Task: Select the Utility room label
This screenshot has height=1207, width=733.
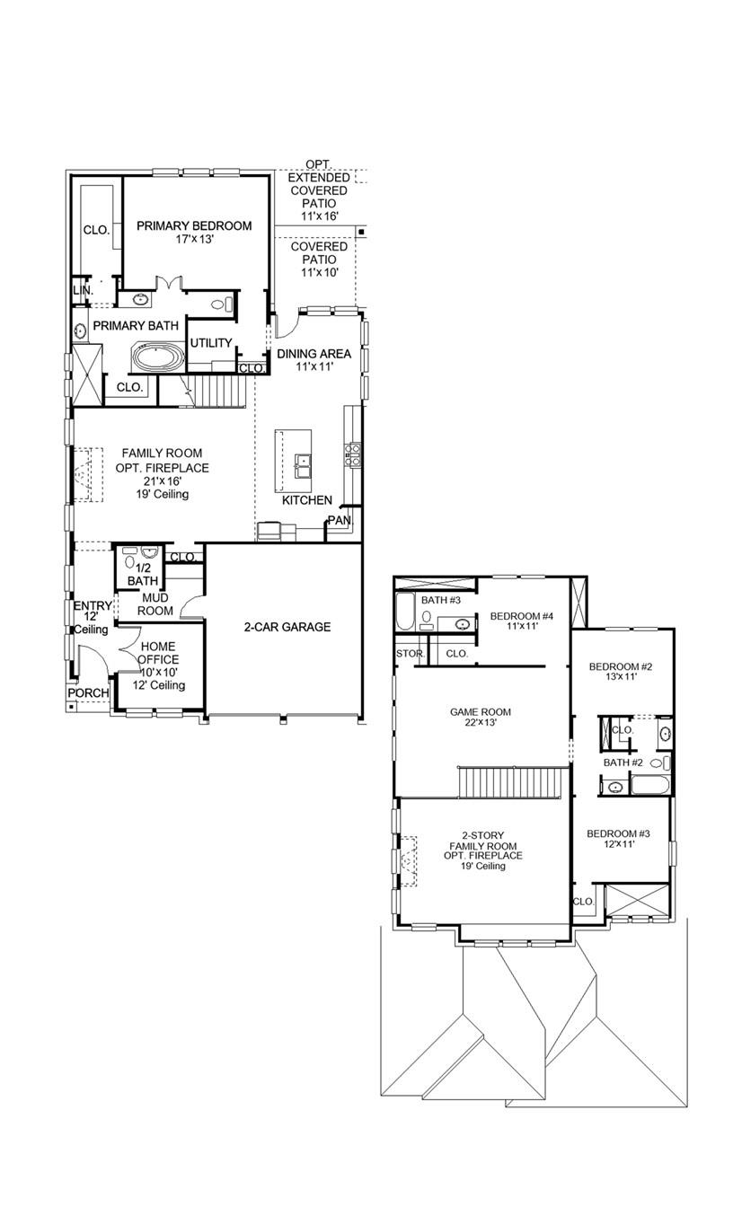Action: point(211,343)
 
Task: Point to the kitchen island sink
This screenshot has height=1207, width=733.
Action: point(305,466)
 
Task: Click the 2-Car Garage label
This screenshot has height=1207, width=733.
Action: point(287,627)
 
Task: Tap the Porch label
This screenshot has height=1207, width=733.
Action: point(88,693)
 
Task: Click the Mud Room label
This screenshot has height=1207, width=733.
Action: point(155,603)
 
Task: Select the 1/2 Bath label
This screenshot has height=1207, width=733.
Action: point(142,574)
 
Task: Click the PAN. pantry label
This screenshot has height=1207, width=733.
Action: point(339,520)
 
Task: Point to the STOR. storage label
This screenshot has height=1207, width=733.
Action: point(410,654)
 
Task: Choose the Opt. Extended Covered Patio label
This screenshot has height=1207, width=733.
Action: point(318,190)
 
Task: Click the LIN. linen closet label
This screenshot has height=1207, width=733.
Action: point(82,290)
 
